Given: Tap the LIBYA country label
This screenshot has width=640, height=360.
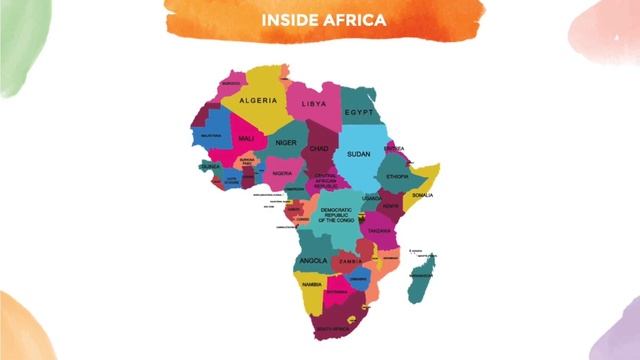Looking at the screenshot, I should pyautogui.click(x=314, y=104).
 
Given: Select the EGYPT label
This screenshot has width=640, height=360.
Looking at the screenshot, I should pyautogui.click(x=358, y=113).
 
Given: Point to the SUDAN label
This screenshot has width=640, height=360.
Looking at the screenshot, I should pyautogui.click(x=359, y=154).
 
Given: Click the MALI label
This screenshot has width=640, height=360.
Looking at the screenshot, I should pyautogui.click(x=246, y=139).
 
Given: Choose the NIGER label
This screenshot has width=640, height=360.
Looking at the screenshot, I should pyautogui.click(x=287, y=143).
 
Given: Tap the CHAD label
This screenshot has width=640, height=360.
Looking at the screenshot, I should pyautogui.click(x=319, y=149).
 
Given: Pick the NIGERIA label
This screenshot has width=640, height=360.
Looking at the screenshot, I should pyautogui.click(x=283, y=173).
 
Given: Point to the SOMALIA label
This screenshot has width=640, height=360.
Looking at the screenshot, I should pyautogui.click(x=422, y=195).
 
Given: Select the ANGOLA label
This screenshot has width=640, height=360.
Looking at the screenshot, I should pyautogui.click(x=313, y=261).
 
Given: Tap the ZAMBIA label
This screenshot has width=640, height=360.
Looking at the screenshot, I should pyautogui.click(x=350, y=262).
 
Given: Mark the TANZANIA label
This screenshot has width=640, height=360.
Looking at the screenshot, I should pyautogui.click(x=379, y=231).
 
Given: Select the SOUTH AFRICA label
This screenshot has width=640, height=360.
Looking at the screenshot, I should pyautogui.click(x=333, y=327).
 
